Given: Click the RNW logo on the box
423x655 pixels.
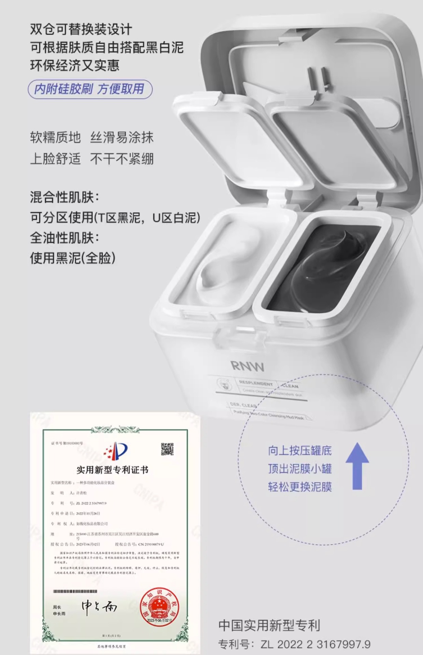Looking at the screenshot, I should pyautogui.click(x=248, y=366).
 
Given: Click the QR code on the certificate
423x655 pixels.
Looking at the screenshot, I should pyautogui.click(x=167, y=449).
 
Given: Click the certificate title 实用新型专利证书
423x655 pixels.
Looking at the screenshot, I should pyautogui.click(x=112, y=470).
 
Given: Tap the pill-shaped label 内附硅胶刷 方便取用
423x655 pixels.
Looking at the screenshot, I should pyautogui.click(x=90, y=89).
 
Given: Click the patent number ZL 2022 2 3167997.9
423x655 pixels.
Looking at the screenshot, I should pyautogui.click(x=316, y=644).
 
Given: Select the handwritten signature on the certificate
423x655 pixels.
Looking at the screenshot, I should pyautogui.click(x=99, y=607).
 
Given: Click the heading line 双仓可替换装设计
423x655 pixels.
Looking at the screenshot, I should pyautogui.click(x=81, y=29).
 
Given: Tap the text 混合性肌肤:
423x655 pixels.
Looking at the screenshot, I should pyautogui.click(x=64, y=197).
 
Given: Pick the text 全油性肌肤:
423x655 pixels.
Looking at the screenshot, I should pyautogui.click(x=64, y=238).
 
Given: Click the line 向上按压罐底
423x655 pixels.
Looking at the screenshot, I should pyautogui.click(x=300, y=450).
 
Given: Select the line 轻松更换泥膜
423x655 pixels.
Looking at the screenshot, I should pyautogui.click(x=300, y=486).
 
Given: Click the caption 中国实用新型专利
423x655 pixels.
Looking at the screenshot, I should pyautogui.click(x=269, y=625).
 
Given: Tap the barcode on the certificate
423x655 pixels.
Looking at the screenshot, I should pyautogui.click(x=75, y=591).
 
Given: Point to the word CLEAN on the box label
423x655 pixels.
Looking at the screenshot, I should pyautogui.click(x=290, y=386).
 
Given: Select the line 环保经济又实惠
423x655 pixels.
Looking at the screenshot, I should pyautogui.click(x=75, y=65).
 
